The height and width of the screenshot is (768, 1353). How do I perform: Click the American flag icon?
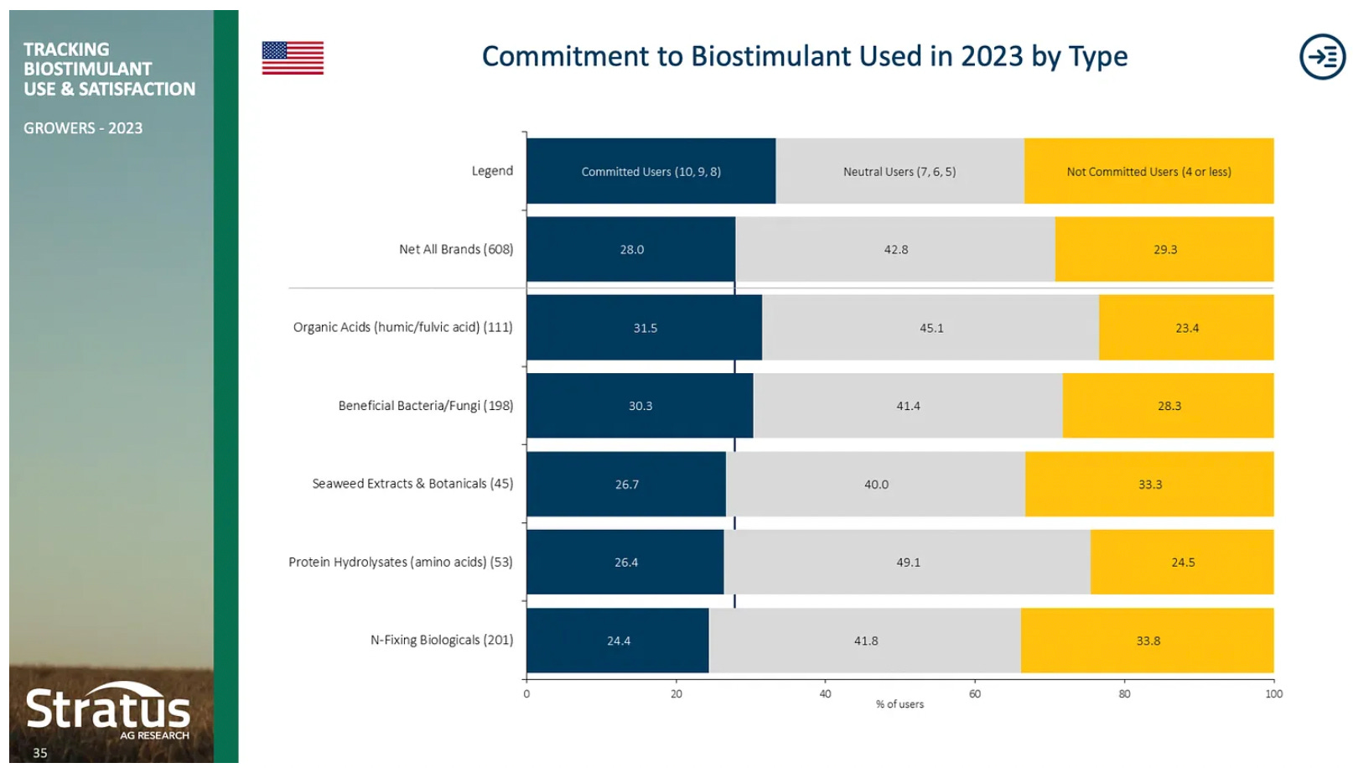(293, 58)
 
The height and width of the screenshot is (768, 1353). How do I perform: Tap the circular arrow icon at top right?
(1322, 57)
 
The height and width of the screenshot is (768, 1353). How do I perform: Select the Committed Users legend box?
(651, 171)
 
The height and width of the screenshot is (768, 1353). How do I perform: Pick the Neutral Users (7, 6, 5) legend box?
(899, 171)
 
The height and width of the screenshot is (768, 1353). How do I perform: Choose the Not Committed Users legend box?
(1148, 171)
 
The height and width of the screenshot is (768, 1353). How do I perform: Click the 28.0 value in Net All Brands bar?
(632, 250)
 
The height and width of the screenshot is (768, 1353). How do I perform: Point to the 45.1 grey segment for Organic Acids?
(931, 328)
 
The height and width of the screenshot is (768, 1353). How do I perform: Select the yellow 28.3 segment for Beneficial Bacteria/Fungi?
(1169, 406)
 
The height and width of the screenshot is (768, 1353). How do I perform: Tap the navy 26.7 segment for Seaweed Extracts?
(626, 485)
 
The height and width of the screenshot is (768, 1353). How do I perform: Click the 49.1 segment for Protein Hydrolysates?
(908, 563)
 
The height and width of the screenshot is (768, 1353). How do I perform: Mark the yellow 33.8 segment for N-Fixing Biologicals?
(1148, 641)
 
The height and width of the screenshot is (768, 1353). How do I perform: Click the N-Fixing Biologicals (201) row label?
(442, 640)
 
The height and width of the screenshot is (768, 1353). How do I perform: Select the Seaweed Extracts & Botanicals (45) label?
(412, 484)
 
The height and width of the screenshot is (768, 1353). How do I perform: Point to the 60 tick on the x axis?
(975, 693)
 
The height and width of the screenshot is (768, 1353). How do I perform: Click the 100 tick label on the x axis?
(1273, 693)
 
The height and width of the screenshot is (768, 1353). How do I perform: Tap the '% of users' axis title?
(899, 704)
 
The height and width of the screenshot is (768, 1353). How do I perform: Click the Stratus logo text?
(108, 708)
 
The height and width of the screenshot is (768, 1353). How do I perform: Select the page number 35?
(40, 753)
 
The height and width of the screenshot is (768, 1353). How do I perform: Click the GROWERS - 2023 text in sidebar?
(83, 128)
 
